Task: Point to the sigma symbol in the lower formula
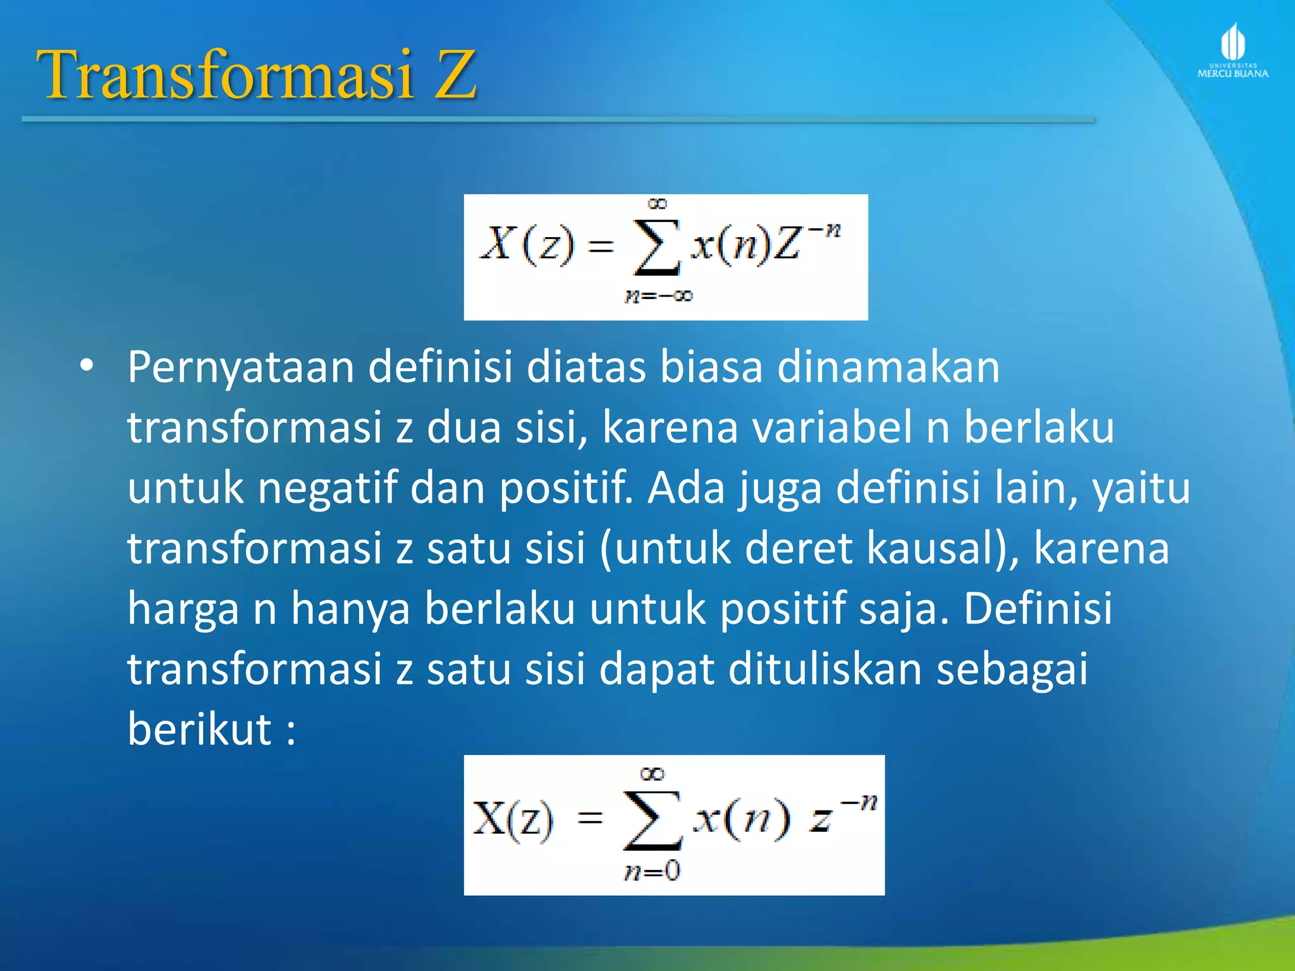pos(653,821)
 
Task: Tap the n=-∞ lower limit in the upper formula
pos(658,296)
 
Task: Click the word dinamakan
pos(888,367)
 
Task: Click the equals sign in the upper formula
pos(601,245)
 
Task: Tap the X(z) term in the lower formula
pos(512,821)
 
